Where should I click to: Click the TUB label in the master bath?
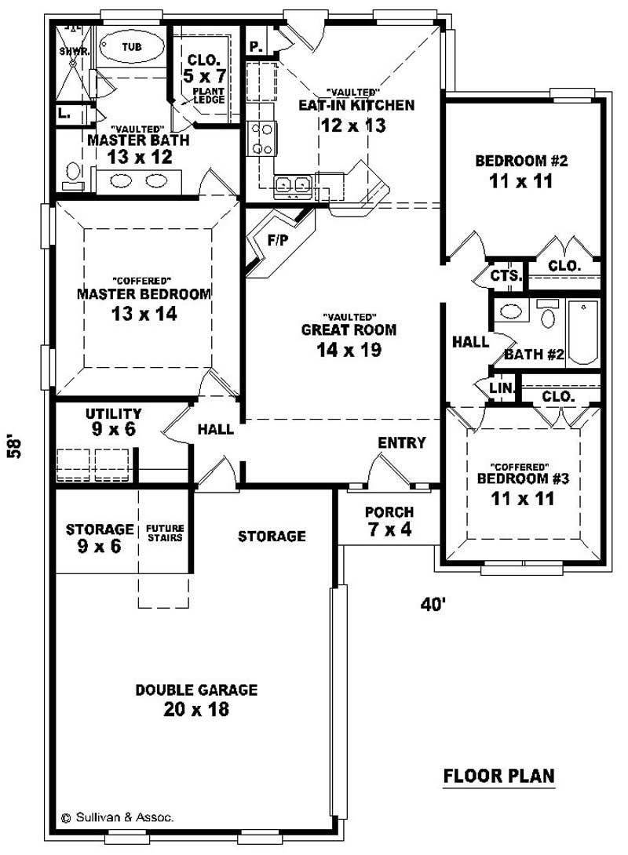click(133, 47)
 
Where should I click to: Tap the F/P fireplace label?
click(277, 241)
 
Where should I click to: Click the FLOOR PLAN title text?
click(498, 776)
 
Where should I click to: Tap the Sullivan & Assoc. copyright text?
click(118, 817)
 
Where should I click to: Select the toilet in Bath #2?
click(549, 315)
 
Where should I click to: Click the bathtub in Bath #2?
click(582, 330)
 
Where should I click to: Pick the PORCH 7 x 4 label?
click(389, 521)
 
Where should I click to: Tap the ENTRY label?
click(402, 443)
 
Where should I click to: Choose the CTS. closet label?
click(506, 276)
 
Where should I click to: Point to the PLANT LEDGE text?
click(210, 95)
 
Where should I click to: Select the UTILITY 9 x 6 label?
click(114, 421)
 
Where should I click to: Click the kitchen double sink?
click(292, 185)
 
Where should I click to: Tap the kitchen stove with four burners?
click(261, 138)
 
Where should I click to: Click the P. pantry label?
click(255, 46)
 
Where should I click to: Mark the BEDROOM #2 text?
click(521, 162)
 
